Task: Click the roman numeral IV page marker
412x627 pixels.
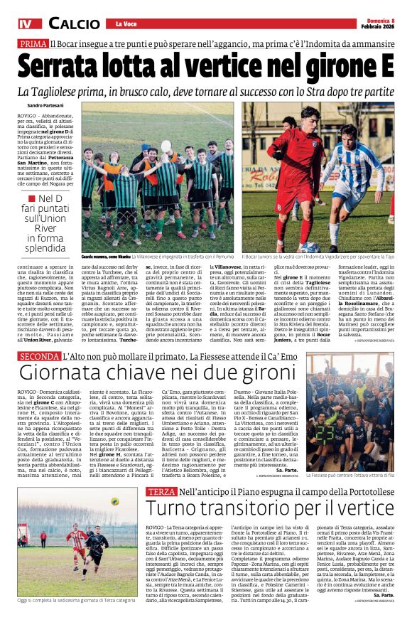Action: pyautogui.click(x=27, y=23)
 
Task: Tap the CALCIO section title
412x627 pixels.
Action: pyautogui.click(x=75, y=23)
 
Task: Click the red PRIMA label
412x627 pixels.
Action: pyautogui.click(x=33, y=43)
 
